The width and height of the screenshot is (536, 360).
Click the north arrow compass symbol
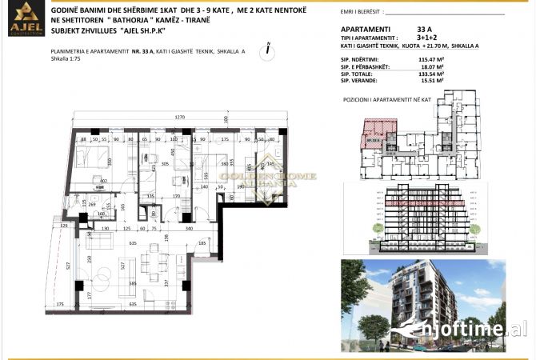[265, 49]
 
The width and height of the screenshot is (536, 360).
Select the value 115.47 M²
[433, 59]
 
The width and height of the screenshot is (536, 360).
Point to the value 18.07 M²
[433, 66]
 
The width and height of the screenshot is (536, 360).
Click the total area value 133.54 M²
[433, 74]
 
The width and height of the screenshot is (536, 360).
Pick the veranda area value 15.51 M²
[433, 81]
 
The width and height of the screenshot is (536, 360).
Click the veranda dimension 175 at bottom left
[61, 305]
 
